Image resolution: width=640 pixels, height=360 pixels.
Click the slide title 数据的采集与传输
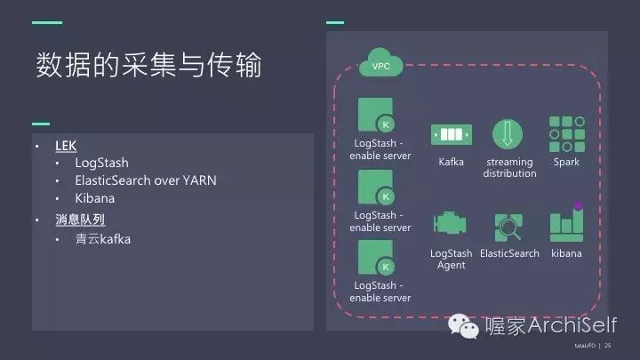(x=148, y=65)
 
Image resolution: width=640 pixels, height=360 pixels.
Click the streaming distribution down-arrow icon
(x=508, y=134)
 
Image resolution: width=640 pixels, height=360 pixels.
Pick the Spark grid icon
(x=566, y=134)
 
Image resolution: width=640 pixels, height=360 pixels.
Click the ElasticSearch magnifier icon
(x=509, y=227)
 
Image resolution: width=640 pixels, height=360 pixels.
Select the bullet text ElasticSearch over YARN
(x=145, y=180)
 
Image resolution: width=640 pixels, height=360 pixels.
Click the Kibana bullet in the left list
(x=94, y=198)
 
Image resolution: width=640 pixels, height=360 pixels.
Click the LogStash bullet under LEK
(x=101, y=163)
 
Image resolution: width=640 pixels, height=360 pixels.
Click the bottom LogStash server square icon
(x=376, y=259)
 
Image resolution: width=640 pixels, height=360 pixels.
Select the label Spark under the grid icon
(x=566, y=162)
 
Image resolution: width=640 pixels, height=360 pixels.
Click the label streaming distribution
(x=509, y=168)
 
